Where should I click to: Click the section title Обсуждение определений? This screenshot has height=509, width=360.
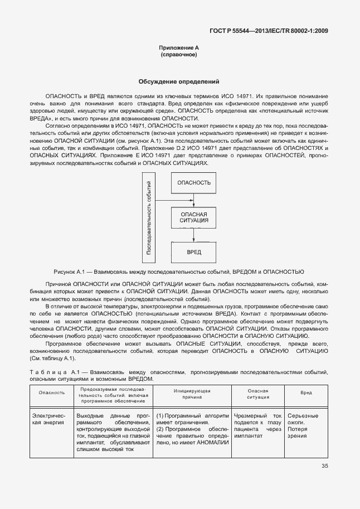(179, 81)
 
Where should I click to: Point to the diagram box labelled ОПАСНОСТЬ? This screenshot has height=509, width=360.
(193, 183)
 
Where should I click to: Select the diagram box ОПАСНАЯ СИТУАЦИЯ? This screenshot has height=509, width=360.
(193, 217)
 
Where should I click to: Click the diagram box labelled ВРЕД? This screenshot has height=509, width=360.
(193, 252)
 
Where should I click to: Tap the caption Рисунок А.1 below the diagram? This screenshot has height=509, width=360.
(178, 272)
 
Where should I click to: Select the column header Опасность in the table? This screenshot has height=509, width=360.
(51, 392)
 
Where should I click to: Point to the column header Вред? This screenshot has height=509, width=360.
(306, 392)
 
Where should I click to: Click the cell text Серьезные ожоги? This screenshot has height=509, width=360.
(303, 419)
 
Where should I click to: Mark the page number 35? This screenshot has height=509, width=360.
(324, 467)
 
